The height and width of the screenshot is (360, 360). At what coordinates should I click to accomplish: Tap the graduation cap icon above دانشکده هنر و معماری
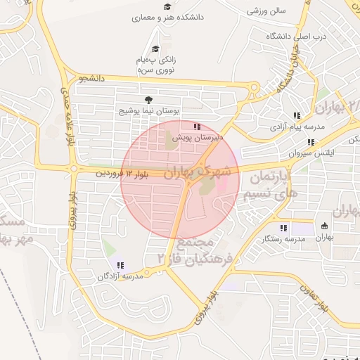[x=167, y=6]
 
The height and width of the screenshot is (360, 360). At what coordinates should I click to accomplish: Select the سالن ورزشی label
[x=264, y=11]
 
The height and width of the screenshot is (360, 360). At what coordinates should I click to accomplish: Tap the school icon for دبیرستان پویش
[x=187, y=127]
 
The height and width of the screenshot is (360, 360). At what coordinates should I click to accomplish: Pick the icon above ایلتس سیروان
[x=311, y=142]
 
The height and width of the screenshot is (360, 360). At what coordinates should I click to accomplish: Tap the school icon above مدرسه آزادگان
[x=121, y=265]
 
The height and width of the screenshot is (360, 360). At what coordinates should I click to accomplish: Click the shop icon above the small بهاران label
[x=324, y=226]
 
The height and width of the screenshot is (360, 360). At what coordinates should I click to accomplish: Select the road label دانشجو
[x=92, y=79]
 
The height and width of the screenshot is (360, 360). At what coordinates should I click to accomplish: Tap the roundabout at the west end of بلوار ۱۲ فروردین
[x=73, y=168]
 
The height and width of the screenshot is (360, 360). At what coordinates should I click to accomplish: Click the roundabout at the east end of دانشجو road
[x=255, y=89]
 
